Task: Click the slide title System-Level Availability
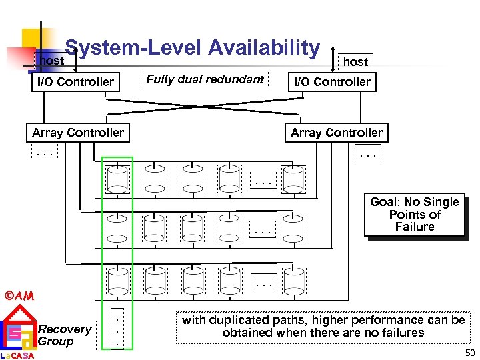pos(193,47)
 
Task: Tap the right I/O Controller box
pos(333,82)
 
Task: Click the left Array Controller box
pos(78,133)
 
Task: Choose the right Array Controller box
pos(337,133)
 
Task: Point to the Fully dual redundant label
pos(205,79)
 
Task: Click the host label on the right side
pos(355,61)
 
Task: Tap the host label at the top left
pos(52,61)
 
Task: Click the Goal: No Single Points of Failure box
pos(415,215)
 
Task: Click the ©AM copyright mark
pos(19,295)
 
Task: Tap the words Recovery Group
pos(65,335)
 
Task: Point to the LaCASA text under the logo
pos(18,355)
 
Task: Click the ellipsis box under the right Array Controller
pos(368,154)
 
